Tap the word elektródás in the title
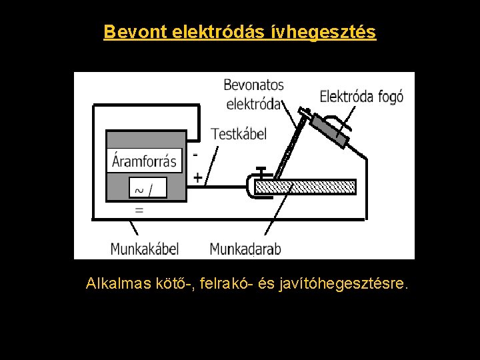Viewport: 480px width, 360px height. [x=219, y=31]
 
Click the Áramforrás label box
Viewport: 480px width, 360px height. [x=145, y=161]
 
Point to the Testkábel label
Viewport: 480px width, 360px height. [x=238, y=134]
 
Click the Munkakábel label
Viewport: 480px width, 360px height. [x=145, y=249]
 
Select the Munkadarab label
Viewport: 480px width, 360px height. [x=245, y=249]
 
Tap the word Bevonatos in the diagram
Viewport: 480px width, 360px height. [x=253, y=85]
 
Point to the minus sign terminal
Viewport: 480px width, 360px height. [x=195, y=154]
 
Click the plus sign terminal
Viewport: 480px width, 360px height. [x=197, y=178]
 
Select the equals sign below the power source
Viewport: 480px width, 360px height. [x=139, y=209]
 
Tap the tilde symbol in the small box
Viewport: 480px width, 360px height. [x=139, y=190]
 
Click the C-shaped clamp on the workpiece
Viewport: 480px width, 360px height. [x=252, y=186]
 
